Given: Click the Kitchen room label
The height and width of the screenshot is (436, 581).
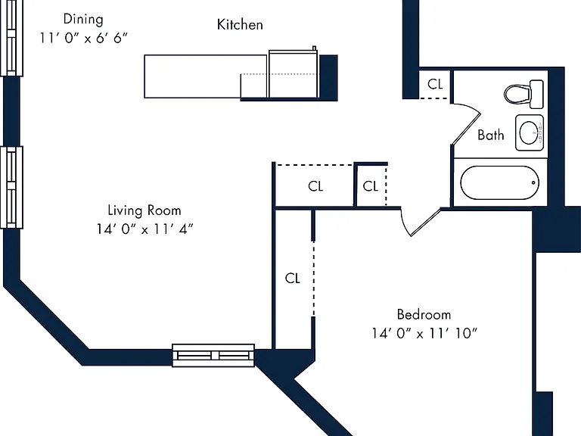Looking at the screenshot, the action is (x=240, y=24).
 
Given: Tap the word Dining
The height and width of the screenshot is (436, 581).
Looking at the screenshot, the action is (x=83, y=19).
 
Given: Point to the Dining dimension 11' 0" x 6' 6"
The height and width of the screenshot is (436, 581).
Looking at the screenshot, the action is (x=84, y=37).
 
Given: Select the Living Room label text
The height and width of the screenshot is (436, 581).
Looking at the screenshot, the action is (x=144, y=210).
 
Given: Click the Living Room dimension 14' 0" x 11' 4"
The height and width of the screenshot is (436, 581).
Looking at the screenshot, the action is (x=145, y=229).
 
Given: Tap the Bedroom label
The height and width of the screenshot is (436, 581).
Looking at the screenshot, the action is (x=424, y=314).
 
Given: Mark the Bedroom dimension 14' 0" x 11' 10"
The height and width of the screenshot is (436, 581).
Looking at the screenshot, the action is (x=424, y=333).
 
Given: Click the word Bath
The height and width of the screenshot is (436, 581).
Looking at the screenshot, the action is (x=490, y=135).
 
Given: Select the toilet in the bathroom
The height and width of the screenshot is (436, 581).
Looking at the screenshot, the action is (x=524, y=94).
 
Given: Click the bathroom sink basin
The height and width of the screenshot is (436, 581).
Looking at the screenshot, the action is (x=530, y=132).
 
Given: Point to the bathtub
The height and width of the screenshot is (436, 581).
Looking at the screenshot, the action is (x=499, y=182).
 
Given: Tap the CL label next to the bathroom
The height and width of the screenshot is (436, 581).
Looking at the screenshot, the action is (x=435, y=84).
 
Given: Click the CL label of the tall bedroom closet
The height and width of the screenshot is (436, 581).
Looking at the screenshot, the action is (x=292, y=278).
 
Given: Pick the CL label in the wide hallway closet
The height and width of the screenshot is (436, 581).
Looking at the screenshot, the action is (x=315, y=185).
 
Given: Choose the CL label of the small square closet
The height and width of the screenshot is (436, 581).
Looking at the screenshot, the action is (x=370, y=185).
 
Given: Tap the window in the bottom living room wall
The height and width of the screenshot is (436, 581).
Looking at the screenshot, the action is (x=213, y=356).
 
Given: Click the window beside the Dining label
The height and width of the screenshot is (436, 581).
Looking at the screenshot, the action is (x=12, y=38).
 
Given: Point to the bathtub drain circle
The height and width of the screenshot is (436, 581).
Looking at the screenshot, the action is (x=533, y=182).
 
